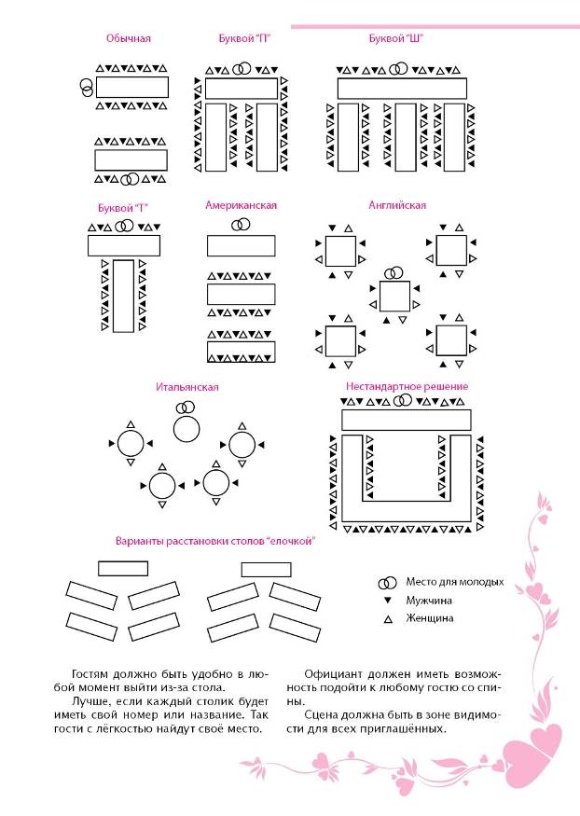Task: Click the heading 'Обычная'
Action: pos(128,39)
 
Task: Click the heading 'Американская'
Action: pos(241,204)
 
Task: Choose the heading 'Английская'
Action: pos(398,204)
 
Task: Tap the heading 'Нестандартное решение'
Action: pos(407,386)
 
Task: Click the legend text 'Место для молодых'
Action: pos(454,580)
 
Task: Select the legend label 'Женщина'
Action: pos(429,617)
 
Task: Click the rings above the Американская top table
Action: pos(241,224)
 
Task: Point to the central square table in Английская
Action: pos(395,297)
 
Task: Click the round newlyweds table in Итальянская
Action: pos(187,428)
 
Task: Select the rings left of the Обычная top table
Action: pos(87,88)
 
